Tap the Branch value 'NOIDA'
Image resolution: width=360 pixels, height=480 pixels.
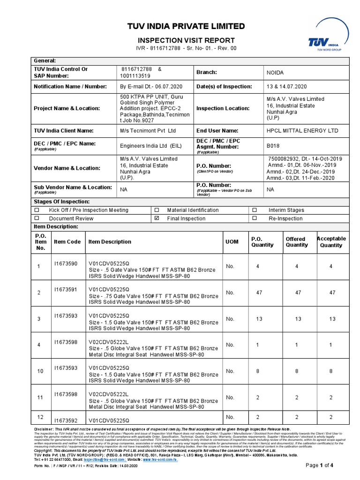click(x=276, y=73)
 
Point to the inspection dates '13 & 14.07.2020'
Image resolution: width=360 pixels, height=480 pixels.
click(x=287, y=87)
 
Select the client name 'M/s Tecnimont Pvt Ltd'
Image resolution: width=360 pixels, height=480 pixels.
click(x=148, y=131)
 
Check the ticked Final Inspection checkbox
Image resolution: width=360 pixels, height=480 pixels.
click(x=157, y=218)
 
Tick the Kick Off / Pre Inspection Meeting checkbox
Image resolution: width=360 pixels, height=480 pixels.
click(x=37, y=210)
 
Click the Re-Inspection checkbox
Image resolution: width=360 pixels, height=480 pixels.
click(x=255, y=218)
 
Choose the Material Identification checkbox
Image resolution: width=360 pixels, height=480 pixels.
click(x=157, y=210)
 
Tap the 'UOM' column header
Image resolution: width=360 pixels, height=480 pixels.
click(x=232, y=242)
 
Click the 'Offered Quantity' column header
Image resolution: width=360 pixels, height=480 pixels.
click(x=297, y=242)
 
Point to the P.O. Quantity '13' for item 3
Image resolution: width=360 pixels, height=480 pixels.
click(x=258, y=319)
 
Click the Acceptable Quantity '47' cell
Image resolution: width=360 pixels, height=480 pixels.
click(x=332, y=292)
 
